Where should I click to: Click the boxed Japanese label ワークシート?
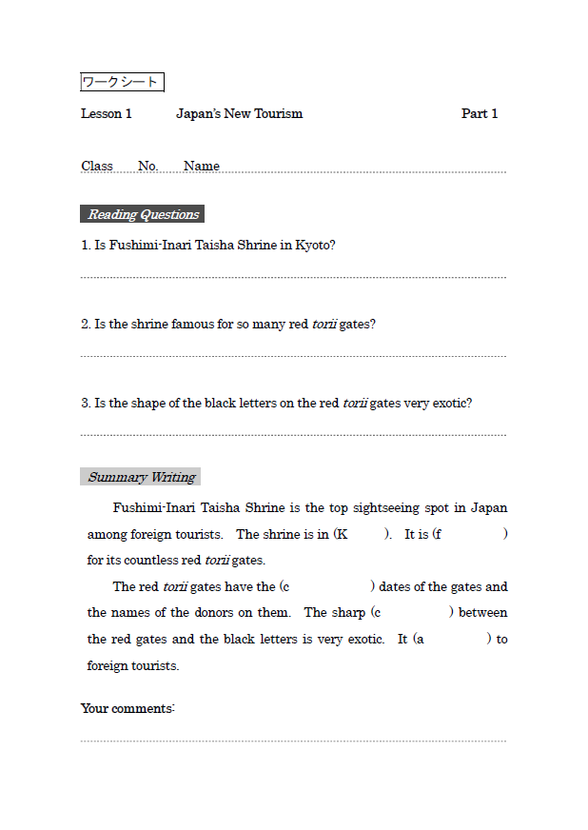122,83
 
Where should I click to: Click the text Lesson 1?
106,114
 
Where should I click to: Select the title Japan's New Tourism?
239,114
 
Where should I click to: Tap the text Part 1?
480,114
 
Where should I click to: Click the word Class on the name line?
97,166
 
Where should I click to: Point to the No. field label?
147,166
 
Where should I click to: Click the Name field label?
202,166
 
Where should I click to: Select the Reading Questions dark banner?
143,214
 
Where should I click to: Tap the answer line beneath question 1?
293,278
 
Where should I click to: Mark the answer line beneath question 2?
293,357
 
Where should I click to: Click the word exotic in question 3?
451,404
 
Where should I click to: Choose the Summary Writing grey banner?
141,478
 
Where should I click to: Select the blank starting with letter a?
456,640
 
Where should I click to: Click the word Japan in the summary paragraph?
489,508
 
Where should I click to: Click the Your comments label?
127,709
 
